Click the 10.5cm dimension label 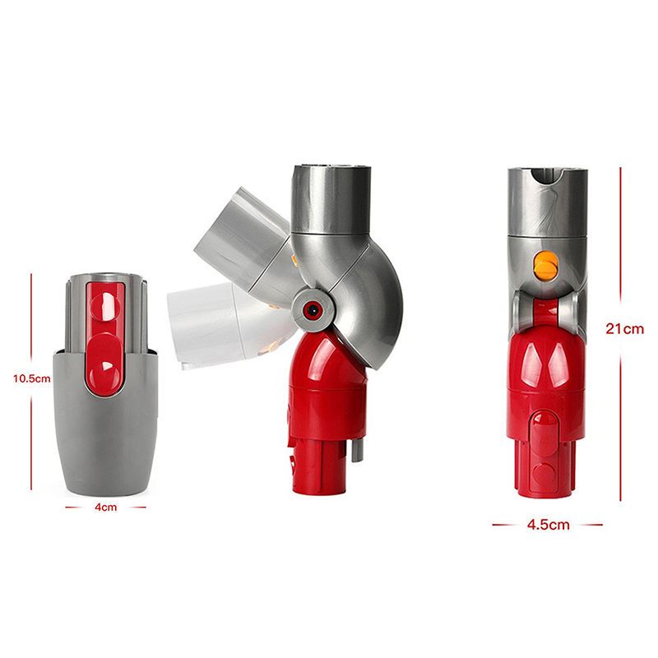pyautogui.click(x=32, y=378)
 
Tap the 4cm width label pyautogui.click(x=106, y=507)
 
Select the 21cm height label pyautogui.click(x=624, y=328)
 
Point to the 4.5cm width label pyautogui.click(x=548, y=525)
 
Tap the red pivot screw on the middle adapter pyautogui.click(x=312, y=310)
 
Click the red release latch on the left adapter pyautogui.click(x=105, y=339)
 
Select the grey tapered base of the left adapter pyautogui.click(x=105, y=424)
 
